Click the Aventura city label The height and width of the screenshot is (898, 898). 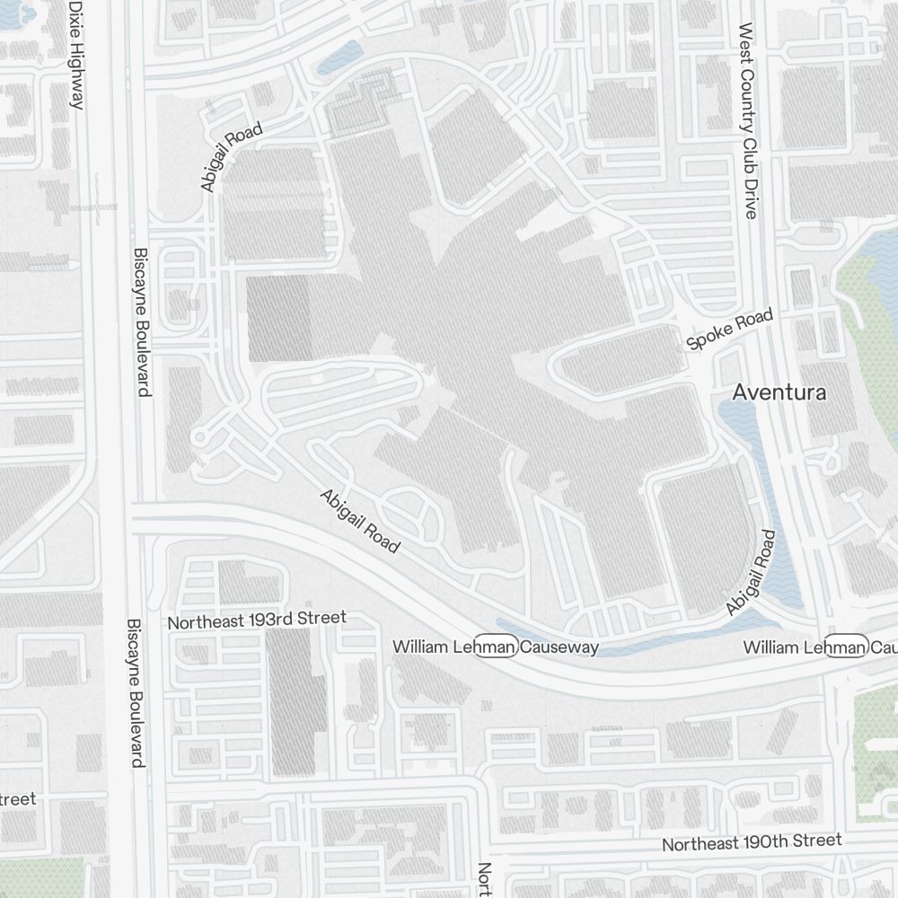(779, 392)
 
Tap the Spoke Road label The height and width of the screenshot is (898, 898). (728, 330)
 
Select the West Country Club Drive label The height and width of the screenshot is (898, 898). (747, 120)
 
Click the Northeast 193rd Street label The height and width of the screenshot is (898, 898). (257, 620)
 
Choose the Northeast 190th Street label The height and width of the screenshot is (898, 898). (752, 842)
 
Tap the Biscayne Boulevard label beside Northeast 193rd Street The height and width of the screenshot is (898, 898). (136, 691)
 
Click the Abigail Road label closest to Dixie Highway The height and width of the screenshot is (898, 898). (231, 158)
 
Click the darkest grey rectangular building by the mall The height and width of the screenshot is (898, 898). (279, 319)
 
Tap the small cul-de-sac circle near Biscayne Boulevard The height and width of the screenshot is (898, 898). (199, 437)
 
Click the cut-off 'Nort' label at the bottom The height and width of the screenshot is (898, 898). (484, 880)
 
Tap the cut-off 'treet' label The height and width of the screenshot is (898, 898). (18, 798)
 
